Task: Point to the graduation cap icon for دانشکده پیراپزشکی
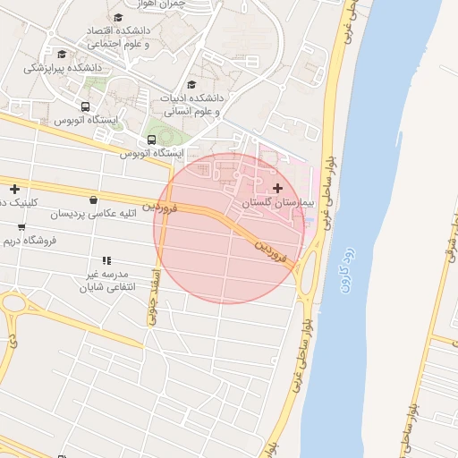click(x=61, y=54)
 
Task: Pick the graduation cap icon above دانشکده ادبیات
click(x=191, y=85)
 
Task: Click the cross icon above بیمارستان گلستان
click(x=277, y=188)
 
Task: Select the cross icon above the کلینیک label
click(x=14, y=189)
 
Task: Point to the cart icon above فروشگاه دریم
click(x=21, y=227)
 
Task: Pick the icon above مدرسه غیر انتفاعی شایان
click(x=106, y=260)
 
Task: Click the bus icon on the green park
click(x=151, y=140)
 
